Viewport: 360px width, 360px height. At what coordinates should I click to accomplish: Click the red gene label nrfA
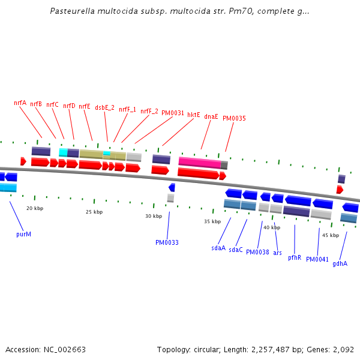[20, 103]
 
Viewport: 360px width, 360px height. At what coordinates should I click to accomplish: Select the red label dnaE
[211, 116]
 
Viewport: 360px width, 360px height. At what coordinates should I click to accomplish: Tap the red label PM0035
[234, 118]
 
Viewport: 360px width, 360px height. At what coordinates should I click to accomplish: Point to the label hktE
[193, 115]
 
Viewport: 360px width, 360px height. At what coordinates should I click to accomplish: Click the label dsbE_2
[106, 107]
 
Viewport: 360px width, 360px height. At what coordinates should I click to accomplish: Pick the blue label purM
[23, 234]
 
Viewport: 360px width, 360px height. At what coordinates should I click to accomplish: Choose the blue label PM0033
[167, 242]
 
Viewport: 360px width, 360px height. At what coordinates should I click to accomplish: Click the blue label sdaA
[218, 248]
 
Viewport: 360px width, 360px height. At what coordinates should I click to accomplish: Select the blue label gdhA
[340, 263]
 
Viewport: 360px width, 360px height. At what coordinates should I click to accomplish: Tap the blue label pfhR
[294, 257]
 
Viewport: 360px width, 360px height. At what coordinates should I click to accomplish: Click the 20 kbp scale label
[35, 208]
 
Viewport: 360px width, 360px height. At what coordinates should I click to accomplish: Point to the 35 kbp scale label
[212, 221]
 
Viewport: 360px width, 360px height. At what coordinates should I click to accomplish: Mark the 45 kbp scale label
[331, 235]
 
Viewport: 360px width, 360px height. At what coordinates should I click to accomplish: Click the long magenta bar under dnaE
[199, 163]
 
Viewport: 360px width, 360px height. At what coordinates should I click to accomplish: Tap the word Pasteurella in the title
[70, 11]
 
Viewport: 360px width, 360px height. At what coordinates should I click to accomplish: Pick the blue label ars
[277, 253]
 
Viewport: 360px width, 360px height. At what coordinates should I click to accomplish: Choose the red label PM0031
[173, 113]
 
